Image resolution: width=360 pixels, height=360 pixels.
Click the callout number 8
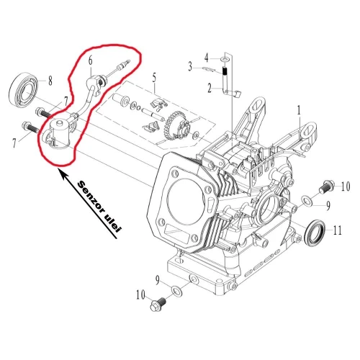coord(50,80)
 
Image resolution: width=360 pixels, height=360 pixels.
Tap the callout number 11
coord(338,230)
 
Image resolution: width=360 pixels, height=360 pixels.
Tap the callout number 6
coord(91,63)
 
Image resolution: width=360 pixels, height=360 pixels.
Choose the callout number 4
coord(205,57)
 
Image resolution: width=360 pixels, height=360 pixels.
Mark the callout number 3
coord(191,67)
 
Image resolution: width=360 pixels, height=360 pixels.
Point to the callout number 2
coord(209,89)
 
